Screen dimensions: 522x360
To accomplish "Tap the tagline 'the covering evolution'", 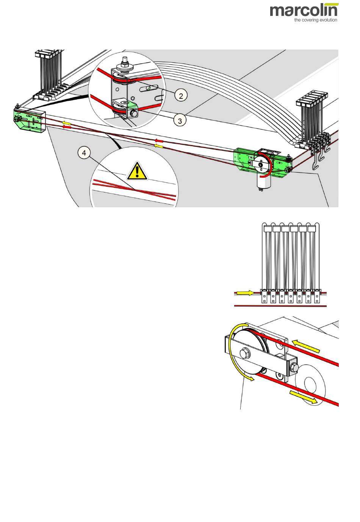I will point(316,20).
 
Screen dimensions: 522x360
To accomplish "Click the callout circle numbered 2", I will point(181,95).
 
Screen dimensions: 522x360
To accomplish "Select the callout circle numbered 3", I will point(180,120).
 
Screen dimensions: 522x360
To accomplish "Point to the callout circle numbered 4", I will point(84,153).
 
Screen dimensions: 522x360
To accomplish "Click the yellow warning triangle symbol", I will point(137,171).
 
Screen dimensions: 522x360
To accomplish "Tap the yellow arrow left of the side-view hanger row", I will point(246,293).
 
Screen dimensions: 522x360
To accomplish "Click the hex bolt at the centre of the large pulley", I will point(244,353).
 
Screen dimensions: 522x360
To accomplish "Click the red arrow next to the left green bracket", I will point(67,127).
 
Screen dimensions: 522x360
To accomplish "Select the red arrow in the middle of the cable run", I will point(159,141).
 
